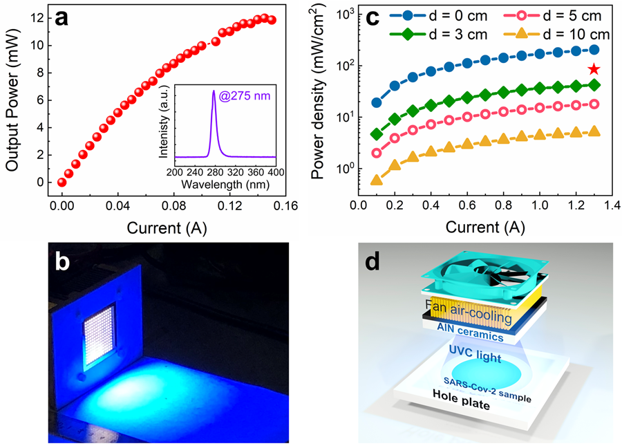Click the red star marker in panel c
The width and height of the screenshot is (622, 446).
pos(594,68)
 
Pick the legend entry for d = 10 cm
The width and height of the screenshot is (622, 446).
pos(559,35)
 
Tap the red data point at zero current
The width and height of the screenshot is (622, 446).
pos(62,183)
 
